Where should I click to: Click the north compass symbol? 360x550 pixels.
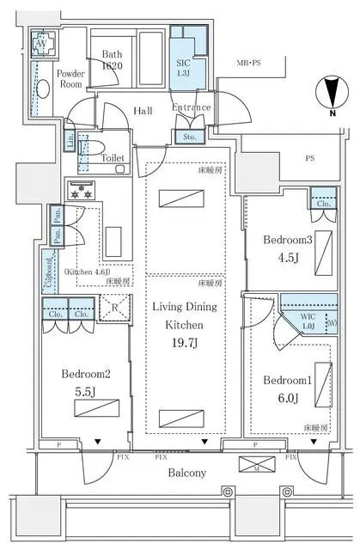point(333,95)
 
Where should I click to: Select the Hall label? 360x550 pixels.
point(143,111)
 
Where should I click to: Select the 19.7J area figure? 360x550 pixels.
point(184,345)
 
